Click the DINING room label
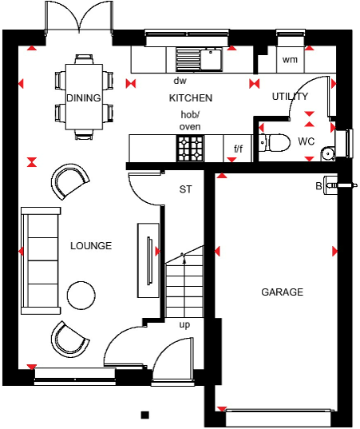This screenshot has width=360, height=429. [84, 98]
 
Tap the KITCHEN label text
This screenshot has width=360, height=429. [191, 98]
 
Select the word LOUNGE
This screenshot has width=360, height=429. [91, 245]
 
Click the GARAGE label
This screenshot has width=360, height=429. [283, 292]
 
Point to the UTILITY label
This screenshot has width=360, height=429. [290, 97]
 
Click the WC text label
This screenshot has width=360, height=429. [307, 141]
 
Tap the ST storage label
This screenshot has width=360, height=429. [186, 189]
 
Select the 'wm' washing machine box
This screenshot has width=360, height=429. [291, 60]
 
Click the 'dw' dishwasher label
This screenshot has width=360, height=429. [180, 81]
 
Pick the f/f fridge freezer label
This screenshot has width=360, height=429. [238, 149]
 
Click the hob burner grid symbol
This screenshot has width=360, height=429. [190, 147]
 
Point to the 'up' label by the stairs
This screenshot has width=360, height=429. [184, 325]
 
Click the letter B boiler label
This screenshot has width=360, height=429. [318, 186]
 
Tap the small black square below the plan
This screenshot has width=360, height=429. [144, 415]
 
